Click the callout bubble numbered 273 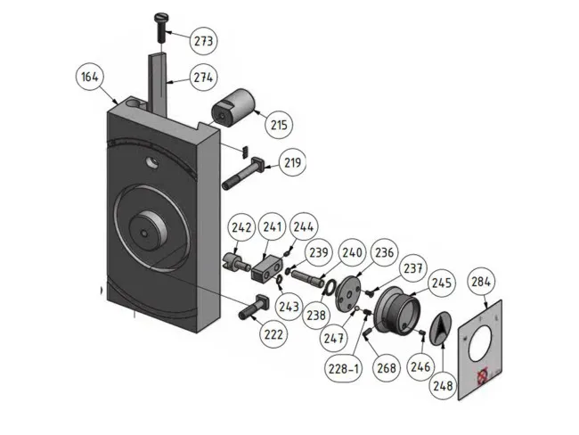click(x=204, y=41)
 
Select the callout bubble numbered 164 click(x=89, y=77)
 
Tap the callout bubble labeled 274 click(x=202, y=78)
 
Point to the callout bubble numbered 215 click(x=279, y=125)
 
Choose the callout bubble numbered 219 click(x=293, y=162)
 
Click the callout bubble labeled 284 click(x=481, y=283)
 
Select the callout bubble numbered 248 click(x=442, y=386)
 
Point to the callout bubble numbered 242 click(x=241, y=228)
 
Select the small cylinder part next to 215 click(x=232, y=113)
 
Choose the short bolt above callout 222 click(x=254, y=307)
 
